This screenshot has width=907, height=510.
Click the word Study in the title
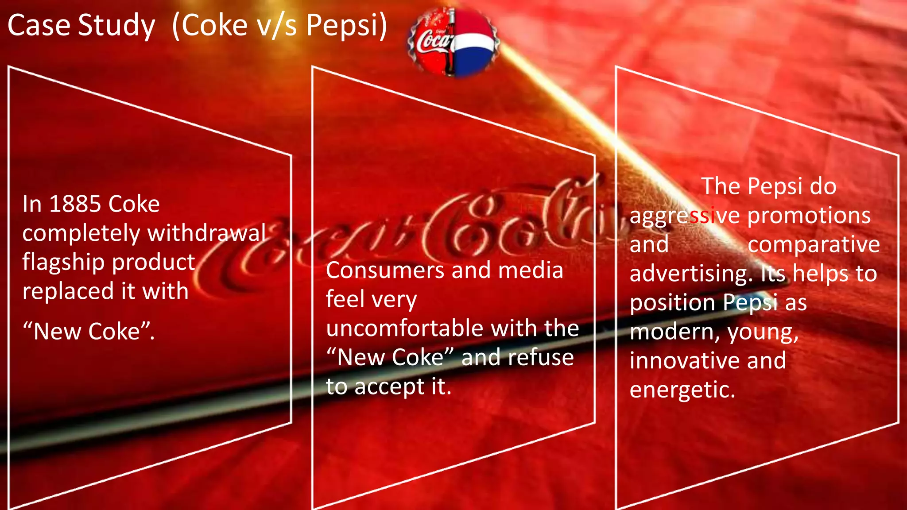116,26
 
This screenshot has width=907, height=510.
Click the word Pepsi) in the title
346,26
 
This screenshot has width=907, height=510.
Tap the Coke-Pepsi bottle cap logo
453,42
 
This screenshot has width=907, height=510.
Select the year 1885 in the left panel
75,204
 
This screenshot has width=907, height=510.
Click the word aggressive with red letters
684,216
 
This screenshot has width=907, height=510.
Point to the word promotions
809,216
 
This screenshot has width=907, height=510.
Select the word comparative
814,245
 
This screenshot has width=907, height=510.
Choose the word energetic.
682,390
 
